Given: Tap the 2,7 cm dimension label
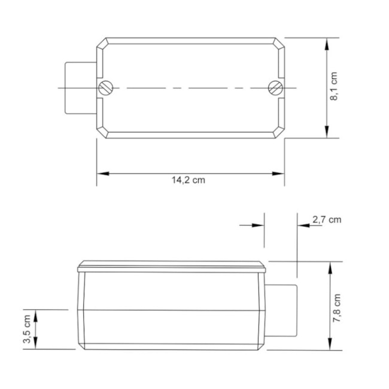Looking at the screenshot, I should pyautogui.click(x=327, y=219).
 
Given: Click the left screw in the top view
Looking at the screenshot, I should pyautogui.click(x=105, y=88).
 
